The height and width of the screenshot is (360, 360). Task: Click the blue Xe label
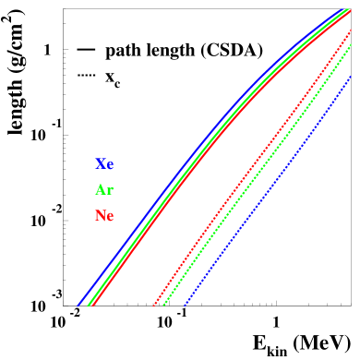(104, 164)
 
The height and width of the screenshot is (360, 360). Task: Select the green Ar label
(104, 190)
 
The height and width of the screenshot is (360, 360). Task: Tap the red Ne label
(104, 216)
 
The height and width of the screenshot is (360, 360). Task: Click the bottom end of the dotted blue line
(185, 304)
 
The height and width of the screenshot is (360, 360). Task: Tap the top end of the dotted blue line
(351, 77)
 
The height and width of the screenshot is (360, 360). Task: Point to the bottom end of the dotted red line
(152, 304)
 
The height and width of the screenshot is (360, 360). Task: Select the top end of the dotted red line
(352, 30)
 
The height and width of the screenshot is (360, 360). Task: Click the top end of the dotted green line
(352, 43)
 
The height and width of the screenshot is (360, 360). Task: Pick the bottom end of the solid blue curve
(78, 304)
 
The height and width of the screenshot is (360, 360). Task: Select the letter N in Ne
(100, 216)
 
